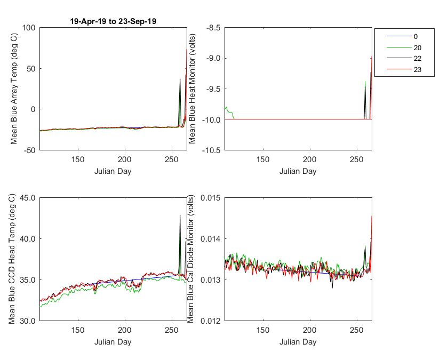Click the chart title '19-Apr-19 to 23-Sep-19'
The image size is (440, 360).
[x=113, y=21]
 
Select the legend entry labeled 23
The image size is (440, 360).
[x=404, y=69]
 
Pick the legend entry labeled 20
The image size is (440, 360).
[x=404, y=47]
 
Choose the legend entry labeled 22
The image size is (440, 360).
[x=404, y=58]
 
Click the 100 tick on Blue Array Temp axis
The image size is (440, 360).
[x=29, y=28]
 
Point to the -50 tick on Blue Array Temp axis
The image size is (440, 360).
[x=29, y=150]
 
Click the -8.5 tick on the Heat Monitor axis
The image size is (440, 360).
[x=213, y=28]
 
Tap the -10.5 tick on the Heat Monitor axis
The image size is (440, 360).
[x=211, y=150]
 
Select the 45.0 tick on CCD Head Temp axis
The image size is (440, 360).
[x=28, y=198]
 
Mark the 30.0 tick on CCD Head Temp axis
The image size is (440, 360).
[x=28, y=321]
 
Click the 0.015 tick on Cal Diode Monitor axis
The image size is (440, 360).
[x=211, y=198]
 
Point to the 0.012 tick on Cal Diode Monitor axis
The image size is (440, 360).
[x=211, y=321]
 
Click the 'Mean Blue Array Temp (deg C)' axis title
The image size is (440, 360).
[x=14, y=89]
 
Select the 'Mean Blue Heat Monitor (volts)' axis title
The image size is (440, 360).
[x=192, y=89]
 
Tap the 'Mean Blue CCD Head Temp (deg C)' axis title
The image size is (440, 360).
[x=12, y=259]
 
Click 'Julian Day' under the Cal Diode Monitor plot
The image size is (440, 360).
[x=298, y=342]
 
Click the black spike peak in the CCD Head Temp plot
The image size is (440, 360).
[x=180, y=215]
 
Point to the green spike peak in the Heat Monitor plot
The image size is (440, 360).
[x=365, y=82]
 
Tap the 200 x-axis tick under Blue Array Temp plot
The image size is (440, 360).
[x=125, y=159]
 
